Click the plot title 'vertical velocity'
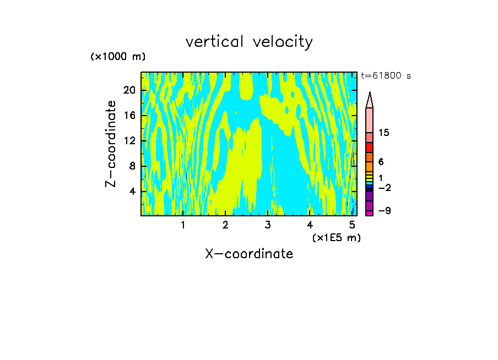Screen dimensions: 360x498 pyautogui.click(x=249, y=42)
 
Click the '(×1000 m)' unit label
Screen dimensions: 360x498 pyautogui.click(x=118, y=57)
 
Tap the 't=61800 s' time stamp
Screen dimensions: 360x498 pyautogui.click(x=386, y=76)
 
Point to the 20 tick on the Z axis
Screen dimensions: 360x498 pyautogui.click(x=129, y=90)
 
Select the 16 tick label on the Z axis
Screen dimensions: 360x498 pyautogui.click(x=129, y=116)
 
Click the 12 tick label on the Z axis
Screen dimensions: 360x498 pyautogui.click(x=129, y=141)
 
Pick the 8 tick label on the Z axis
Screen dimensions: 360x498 pyautogui.click(x=132, y=166)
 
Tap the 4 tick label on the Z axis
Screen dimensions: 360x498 pyautogui.click(x=132, y=192)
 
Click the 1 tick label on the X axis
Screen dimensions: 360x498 pyautogui.click(x=183, y=225)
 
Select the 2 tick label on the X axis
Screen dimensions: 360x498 pyautogui.click(x=225, y=225)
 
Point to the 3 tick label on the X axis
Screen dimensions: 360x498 pyautogui.click(x=268, y=225)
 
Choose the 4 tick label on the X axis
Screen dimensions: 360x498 pyautogui.click(x=310, y=225)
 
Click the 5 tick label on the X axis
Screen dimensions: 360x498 pyautogui.click(x=353, y=225)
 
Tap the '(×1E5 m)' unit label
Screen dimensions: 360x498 pyautogui.click(x=336, y=237)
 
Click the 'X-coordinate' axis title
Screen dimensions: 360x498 pyautogui.click(x=249, y=254)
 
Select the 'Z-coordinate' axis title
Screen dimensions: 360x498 pyautogui.click(x=111, y=144)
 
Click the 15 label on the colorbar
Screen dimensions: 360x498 pyautogui.click(x=384, y=133)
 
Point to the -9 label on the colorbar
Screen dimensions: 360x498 pyautogui.click(x=384, y=211)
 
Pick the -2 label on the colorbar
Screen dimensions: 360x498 pyautogui.click(x=384, y=188)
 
